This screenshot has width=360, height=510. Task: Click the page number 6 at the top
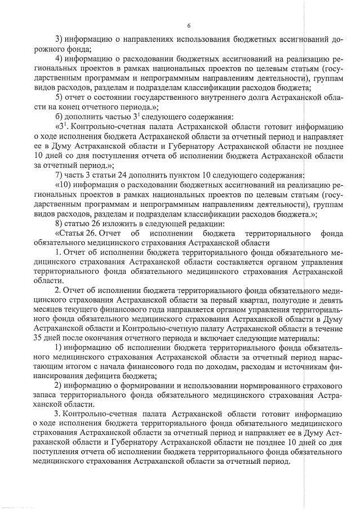tap(189, 25)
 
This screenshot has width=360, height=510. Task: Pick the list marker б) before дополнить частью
tap(59, 118)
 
